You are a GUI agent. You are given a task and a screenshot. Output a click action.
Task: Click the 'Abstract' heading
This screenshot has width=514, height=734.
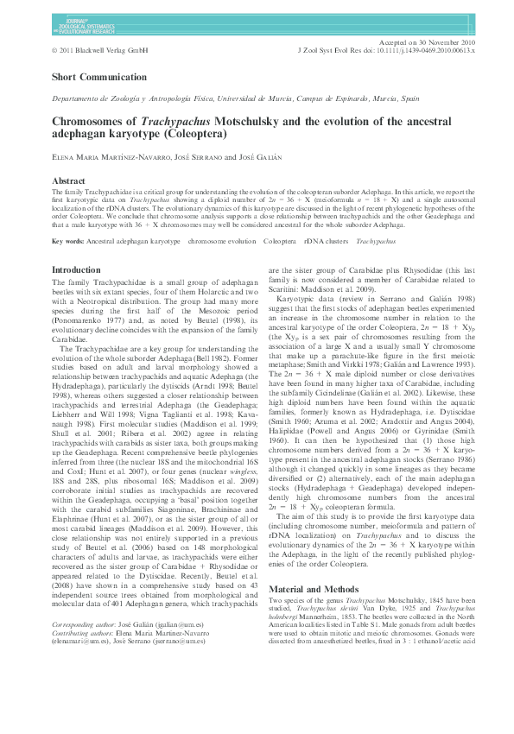(69, 180)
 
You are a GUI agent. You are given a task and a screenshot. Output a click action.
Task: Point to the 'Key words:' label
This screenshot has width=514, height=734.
(68, 242)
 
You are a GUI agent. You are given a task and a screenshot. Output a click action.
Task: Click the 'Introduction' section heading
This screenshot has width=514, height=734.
(77, 270)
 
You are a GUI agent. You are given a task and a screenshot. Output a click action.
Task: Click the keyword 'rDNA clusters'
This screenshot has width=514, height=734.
(322, 242)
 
